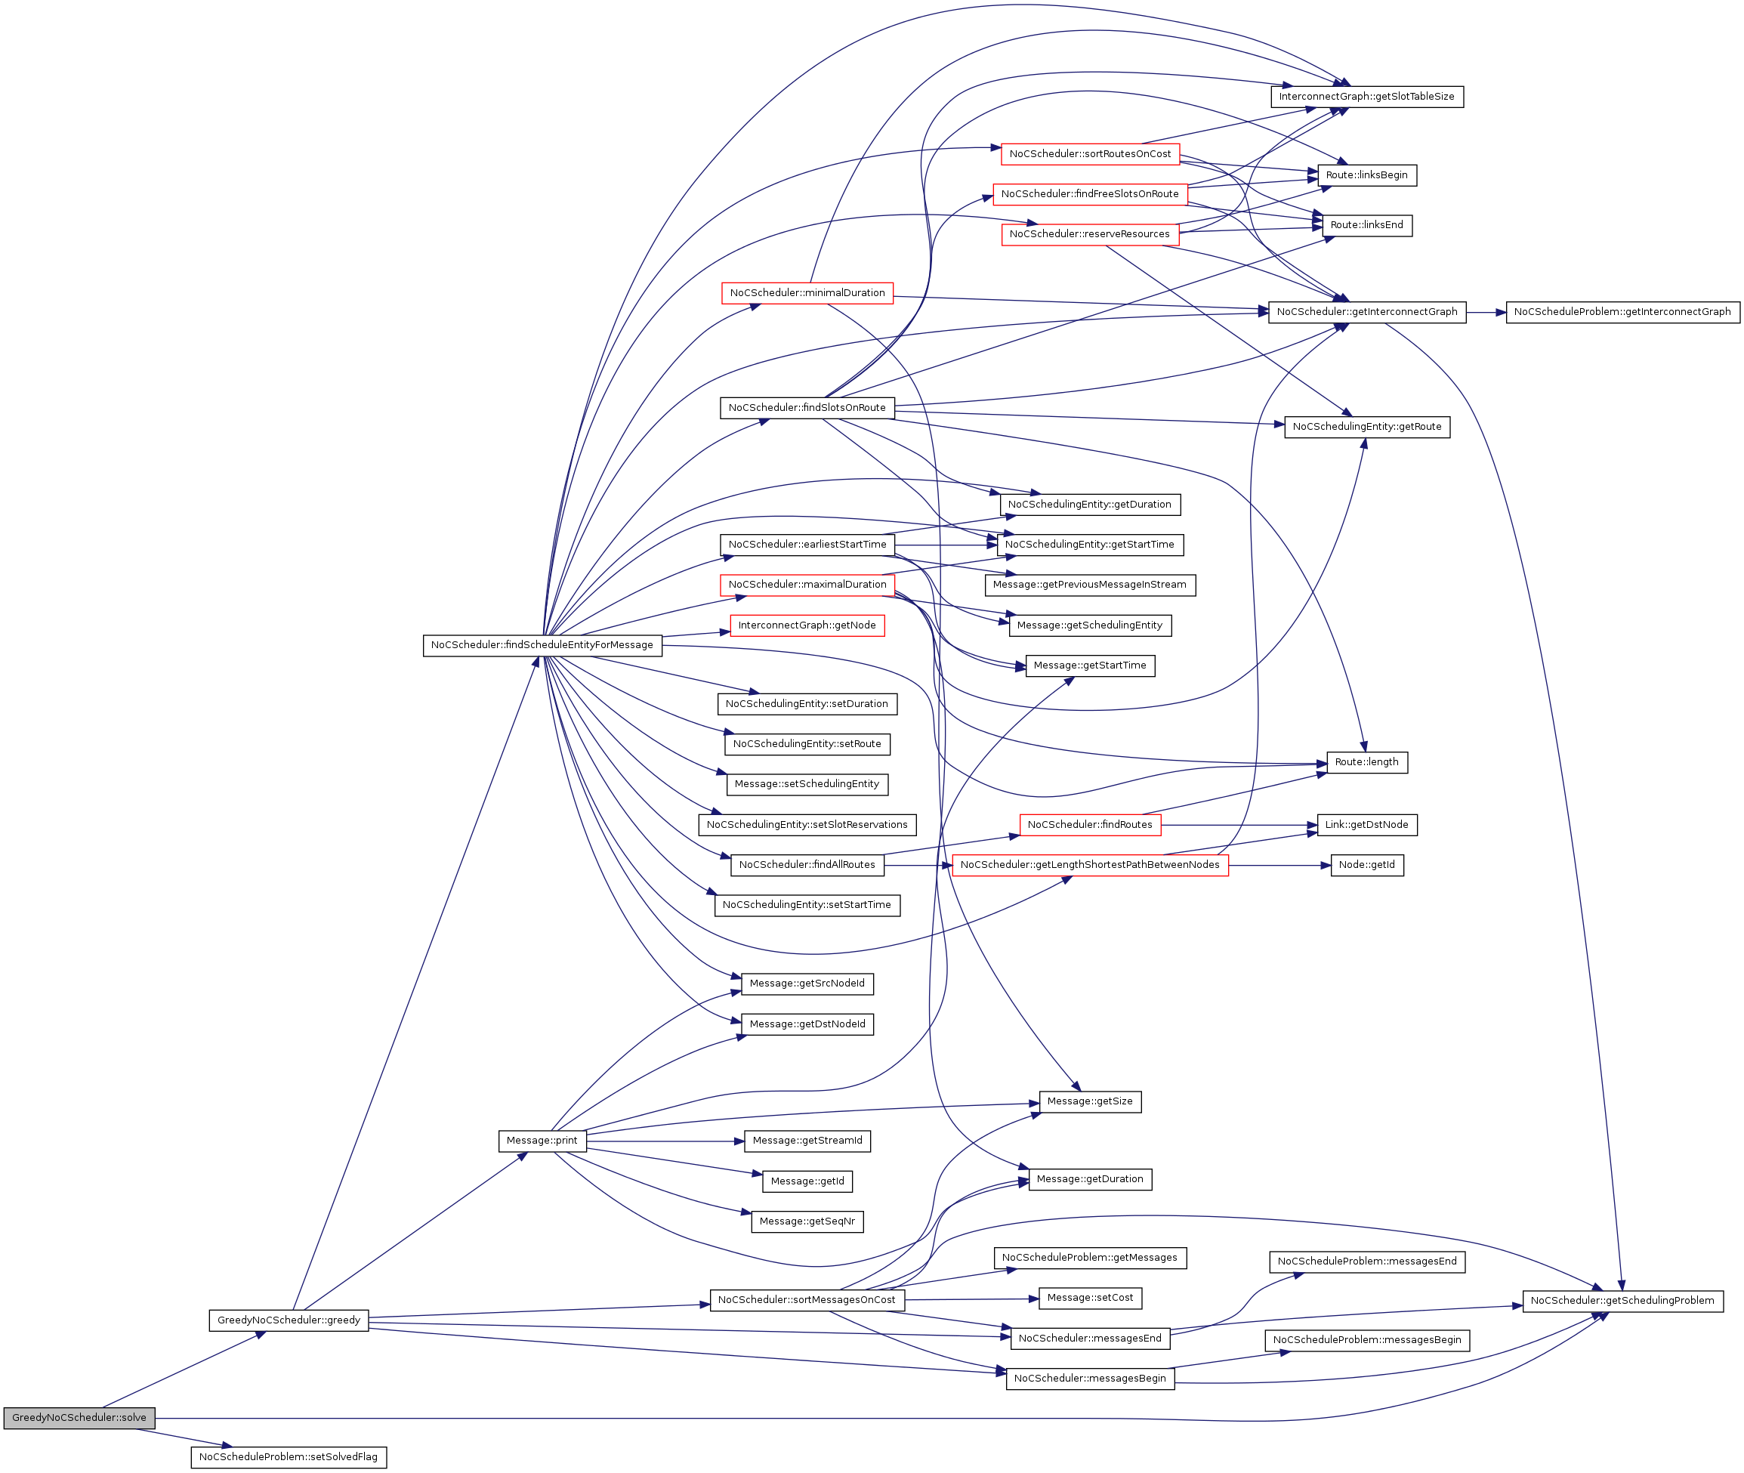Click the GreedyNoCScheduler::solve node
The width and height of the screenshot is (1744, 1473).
[x=79, y=1417]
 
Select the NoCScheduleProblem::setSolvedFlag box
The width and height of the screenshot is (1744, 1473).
[x=288, y=1456]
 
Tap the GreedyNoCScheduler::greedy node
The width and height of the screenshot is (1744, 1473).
[x=288, y=1320]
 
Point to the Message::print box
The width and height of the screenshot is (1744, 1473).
[x=542, y=1140]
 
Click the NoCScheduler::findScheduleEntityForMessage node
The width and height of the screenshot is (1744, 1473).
[x=542, y=644]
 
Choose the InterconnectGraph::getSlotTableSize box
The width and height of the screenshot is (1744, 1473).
[x=1366, y=96]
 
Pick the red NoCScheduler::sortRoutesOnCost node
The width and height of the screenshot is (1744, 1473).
[x=1089, y=153]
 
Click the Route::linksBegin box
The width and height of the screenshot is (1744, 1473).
[x=1366, y=174]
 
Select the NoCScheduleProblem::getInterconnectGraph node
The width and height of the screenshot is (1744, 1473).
[x=1622, y=311]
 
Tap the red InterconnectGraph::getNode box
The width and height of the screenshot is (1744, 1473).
[x=807, y=625]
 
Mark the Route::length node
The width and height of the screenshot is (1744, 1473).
[x=1366, y=761]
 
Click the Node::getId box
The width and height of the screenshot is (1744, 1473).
[x=1366, y=864]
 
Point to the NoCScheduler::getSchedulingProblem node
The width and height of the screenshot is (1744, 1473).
[x=1622, y=1300]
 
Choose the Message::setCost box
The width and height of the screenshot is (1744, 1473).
[x=1089, y=1297]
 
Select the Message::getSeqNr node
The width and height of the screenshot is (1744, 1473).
[x=807, y=1221]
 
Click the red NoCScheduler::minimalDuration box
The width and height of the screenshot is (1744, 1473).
[x=807, y=292]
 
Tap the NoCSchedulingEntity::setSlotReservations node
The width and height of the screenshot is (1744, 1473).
[x=807, y=824]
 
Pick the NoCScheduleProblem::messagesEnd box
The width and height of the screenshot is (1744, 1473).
[x=1366, y=1261]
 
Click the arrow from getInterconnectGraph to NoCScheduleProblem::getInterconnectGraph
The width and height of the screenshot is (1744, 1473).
[x=1485, y=312]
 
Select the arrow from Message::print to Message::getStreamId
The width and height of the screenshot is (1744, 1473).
[x=664, y=1141]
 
